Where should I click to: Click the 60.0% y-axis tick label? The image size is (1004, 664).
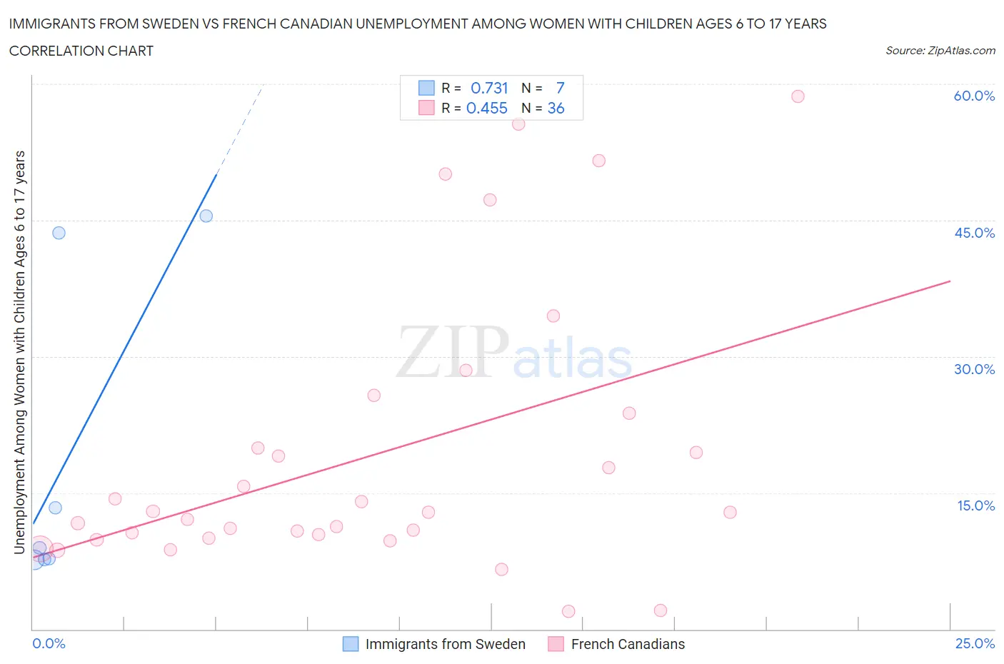(974, 96)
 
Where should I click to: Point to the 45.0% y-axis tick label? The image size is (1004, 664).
(974, 233)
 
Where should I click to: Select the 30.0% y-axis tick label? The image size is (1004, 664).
(974, 369)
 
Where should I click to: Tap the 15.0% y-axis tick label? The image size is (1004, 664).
(975, 505)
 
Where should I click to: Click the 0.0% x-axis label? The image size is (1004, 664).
(49, 643)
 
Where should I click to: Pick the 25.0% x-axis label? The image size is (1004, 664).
(975, 643)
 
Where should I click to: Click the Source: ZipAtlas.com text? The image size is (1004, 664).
(940, 50)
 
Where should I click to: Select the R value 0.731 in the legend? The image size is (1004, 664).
(489, 88)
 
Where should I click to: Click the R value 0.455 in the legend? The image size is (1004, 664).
(486, 108)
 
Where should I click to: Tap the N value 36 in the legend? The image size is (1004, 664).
(556, 108)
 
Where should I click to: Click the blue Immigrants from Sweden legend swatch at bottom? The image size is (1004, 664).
(351, 644)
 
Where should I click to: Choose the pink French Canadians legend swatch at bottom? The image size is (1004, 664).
(556, 644)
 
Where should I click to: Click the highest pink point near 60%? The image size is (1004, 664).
(798, 96)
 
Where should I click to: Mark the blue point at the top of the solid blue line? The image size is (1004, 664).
(206, 216)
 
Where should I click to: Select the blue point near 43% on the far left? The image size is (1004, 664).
(59, 233)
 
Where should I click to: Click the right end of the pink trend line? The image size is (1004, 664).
(949, 281)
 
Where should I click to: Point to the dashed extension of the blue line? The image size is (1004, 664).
(241, 129)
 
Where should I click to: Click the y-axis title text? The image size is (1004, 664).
(20, 352)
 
